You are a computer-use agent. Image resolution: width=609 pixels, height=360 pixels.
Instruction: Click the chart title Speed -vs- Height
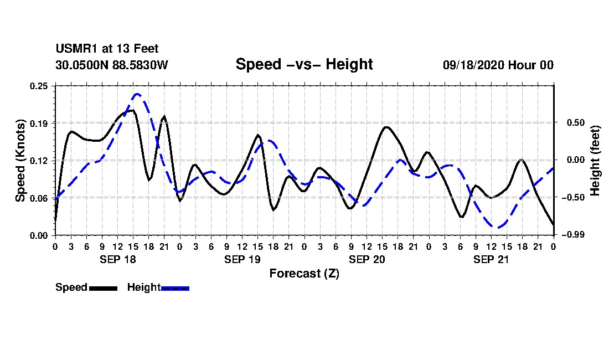[304, 64]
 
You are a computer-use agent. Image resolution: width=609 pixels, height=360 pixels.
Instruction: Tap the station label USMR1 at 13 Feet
[107, 49]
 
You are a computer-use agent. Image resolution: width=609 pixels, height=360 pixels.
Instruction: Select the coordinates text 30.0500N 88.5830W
[111, 65]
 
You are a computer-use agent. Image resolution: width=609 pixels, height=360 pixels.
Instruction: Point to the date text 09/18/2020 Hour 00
[498, 65]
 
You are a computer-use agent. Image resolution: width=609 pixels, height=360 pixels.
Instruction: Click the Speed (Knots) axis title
[20, 160]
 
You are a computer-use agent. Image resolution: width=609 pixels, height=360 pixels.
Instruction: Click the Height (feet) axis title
[595, 160]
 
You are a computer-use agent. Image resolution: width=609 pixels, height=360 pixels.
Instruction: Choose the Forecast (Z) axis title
[304, 273]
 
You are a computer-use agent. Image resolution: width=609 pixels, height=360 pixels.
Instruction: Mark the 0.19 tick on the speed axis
[39, 123]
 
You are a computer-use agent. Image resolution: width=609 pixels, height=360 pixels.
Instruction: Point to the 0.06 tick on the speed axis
[39, 198]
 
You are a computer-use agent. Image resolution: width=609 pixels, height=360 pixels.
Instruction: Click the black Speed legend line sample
[103, 288]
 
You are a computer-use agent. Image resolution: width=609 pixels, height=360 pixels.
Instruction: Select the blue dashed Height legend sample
[175, 288]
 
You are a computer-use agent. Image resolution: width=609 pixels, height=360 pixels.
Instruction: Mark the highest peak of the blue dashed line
[137, 94]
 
